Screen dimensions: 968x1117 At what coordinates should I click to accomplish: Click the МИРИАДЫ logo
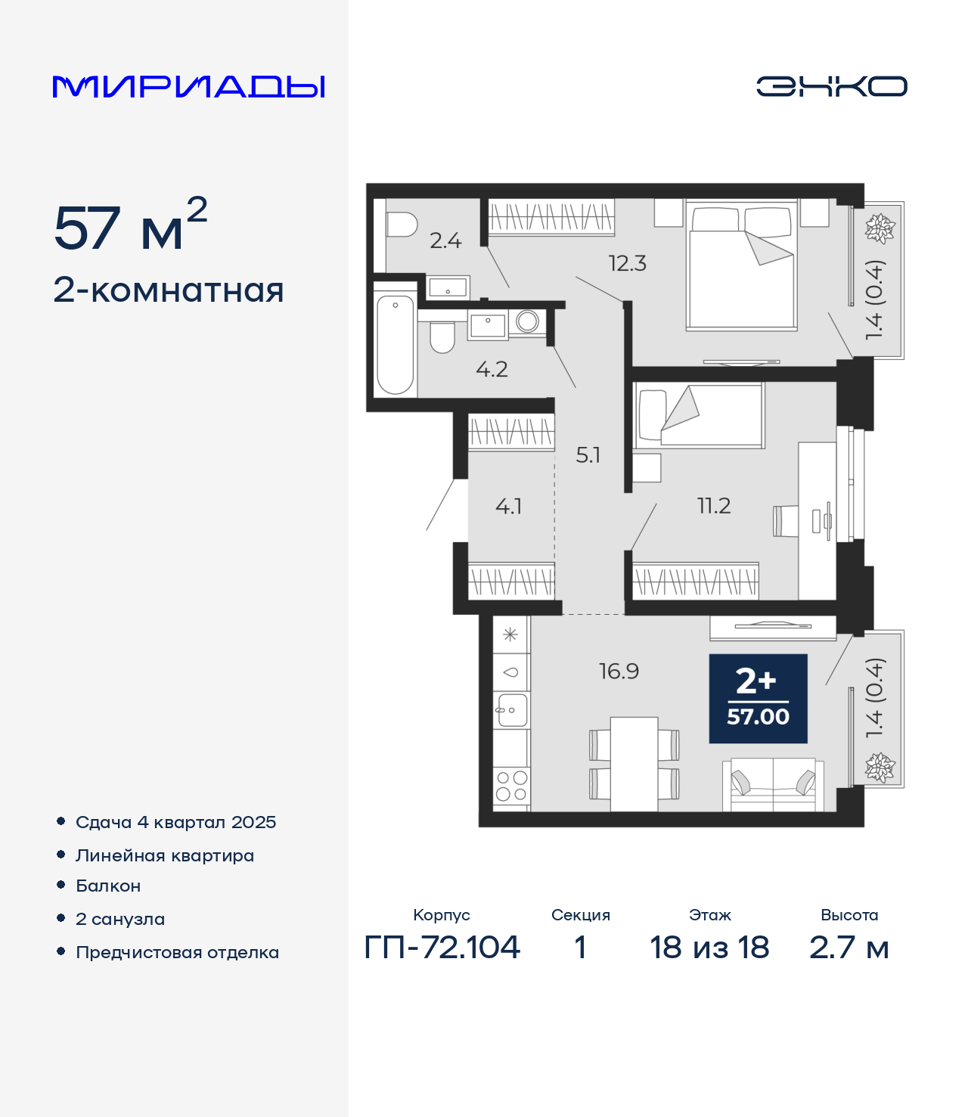tap(188, 86)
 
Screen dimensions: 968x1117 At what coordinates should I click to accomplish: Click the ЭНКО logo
tap(831, 86)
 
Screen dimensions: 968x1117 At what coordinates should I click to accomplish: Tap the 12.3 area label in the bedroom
tap(627, 263)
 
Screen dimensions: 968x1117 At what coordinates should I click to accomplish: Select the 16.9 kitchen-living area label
tap(619, 671)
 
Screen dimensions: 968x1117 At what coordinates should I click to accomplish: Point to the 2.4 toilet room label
tap(445, 240)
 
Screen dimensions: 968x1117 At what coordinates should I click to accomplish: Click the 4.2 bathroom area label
tap(492, 370)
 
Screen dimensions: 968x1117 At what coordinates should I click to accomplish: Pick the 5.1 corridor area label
tap(588, 455)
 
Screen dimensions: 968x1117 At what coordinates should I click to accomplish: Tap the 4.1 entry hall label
tap(509, 507)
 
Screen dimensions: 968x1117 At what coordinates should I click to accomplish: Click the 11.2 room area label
tap(714, 506)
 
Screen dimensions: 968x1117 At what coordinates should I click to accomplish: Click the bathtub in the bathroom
tap(395, 346)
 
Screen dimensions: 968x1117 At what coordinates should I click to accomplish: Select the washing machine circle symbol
tap(527, 321)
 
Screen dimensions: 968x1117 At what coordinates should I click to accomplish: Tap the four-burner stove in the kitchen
tap(511, 786)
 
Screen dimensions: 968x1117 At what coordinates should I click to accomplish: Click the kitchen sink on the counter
tap(511, 709)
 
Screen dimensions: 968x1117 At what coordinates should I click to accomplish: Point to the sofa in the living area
tap(773, 783)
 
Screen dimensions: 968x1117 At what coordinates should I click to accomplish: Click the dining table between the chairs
tap(634, 764)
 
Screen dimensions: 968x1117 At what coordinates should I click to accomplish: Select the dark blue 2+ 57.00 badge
tap(758, 699)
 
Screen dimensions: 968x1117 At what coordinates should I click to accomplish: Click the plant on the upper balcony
tap(880, 228)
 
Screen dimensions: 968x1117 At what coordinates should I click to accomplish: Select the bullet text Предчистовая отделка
tap(177, 952)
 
